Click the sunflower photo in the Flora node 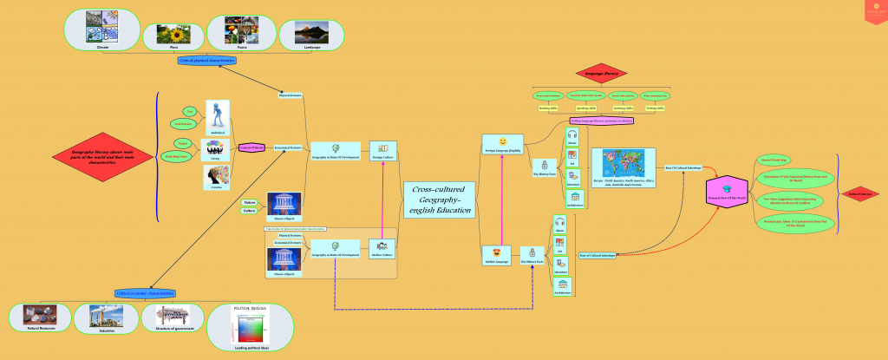click(x=173, y=34)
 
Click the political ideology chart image click(x=251, y=331)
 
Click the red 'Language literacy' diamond click(x=606, y=75)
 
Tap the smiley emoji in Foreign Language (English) click(x=502, y=141)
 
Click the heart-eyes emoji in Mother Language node click(x=501, y=252)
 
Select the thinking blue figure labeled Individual click(x=216, y=115)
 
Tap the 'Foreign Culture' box click(x=382, y=151)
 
